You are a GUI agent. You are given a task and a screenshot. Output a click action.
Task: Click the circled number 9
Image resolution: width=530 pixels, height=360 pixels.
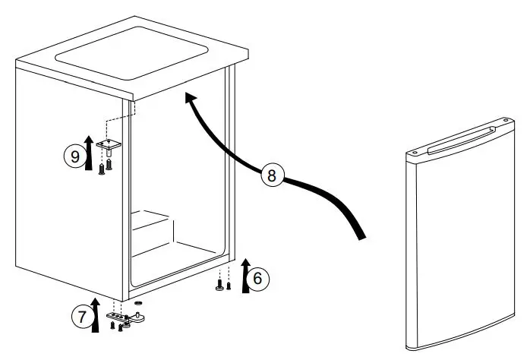(x=74, y=157)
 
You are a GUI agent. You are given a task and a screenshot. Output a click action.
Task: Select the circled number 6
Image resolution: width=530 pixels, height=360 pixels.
(x=257, y=279)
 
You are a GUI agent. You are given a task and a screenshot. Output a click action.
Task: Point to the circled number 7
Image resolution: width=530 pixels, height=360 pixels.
(x=83, y=317)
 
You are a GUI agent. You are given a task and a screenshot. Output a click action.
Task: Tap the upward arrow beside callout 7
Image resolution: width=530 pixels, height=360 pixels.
(x=96, y=315)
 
